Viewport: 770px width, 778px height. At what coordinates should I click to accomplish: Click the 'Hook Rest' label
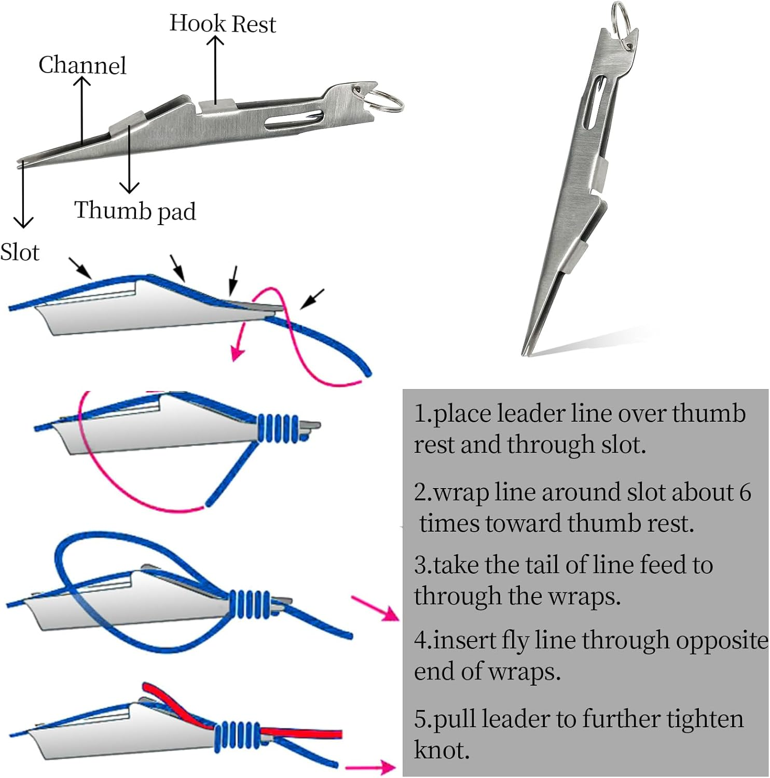click(223, 24)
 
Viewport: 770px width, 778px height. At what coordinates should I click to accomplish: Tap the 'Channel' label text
click(82, 65)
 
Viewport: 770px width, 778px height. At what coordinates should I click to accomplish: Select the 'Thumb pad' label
click(135, 211)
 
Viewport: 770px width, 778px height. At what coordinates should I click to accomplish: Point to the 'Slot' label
click(20, 253)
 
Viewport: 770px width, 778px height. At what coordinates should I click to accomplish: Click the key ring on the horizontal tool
click(387, 100)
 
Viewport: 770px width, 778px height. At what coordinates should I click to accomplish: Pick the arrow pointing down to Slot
click(23, 197)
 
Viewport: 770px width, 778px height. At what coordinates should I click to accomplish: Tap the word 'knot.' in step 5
click(442, 750)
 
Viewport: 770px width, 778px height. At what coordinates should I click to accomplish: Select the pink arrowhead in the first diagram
click(237, 353)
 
